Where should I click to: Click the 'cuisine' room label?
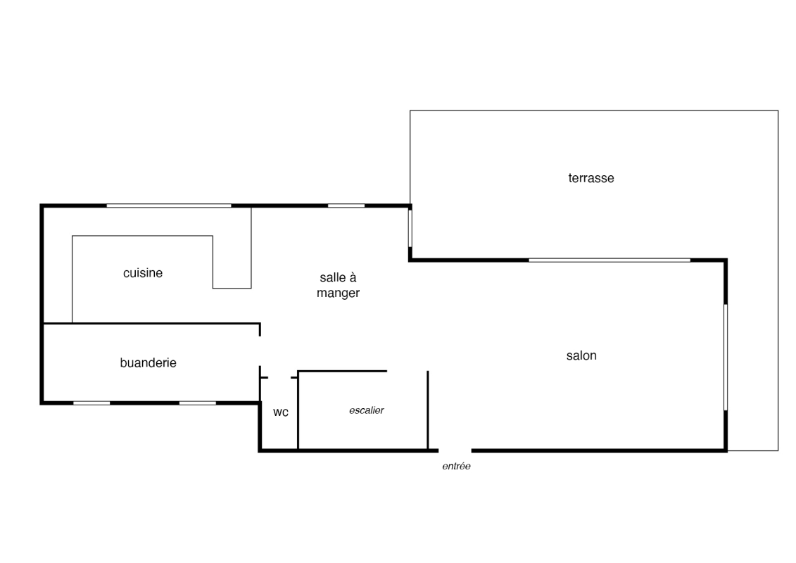pos(143,273)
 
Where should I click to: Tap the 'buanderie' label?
pos(149,362)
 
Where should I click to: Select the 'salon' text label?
pos(581,355)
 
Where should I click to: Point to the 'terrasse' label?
pos(591,178)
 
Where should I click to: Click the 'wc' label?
pos(281,412)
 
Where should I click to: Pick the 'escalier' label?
pos(367,410)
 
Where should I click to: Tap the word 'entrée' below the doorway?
pos(456,466)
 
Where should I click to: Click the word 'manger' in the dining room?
pos(338,293)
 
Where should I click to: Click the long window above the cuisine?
pos(169,205)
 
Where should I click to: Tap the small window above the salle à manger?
pos(346,205)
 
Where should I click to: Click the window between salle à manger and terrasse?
pos(410,229)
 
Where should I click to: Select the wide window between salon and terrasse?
pos(609,260)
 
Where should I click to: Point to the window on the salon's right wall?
pos(726,357)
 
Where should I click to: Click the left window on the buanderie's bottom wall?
pos(92,403)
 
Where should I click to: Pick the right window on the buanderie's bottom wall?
pos(198,403)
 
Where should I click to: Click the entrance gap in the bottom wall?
pos(455,450)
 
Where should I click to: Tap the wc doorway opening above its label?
pos(279,378)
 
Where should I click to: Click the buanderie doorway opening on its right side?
pos(260,350)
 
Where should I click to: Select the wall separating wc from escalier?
pos(298,410)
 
